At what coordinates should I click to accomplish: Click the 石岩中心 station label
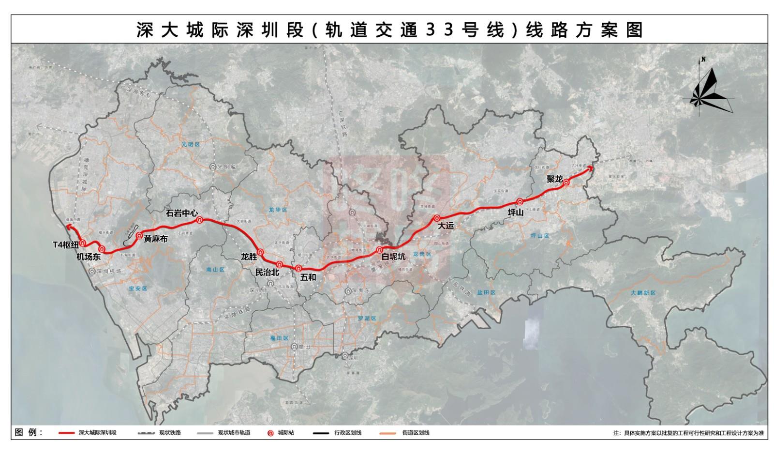tap(181, 213)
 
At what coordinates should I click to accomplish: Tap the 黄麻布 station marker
tap(139, 236)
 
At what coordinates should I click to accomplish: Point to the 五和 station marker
tap(299, 268)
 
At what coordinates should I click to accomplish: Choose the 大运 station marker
tap(436, 218)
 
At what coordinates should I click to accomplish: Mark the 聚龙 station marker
tap(566, 182)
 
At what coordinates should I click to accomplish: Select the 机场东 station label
tap(88, 257)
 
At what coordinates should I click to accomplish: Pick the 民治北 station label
tap(267, 272)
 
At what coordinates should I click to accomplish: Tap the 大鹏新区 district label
tap(643, 293)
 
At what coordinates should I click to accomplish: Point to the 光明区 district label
tap(191, 144)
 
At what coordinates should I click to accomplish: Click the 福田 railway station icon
tap(294, 347)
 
